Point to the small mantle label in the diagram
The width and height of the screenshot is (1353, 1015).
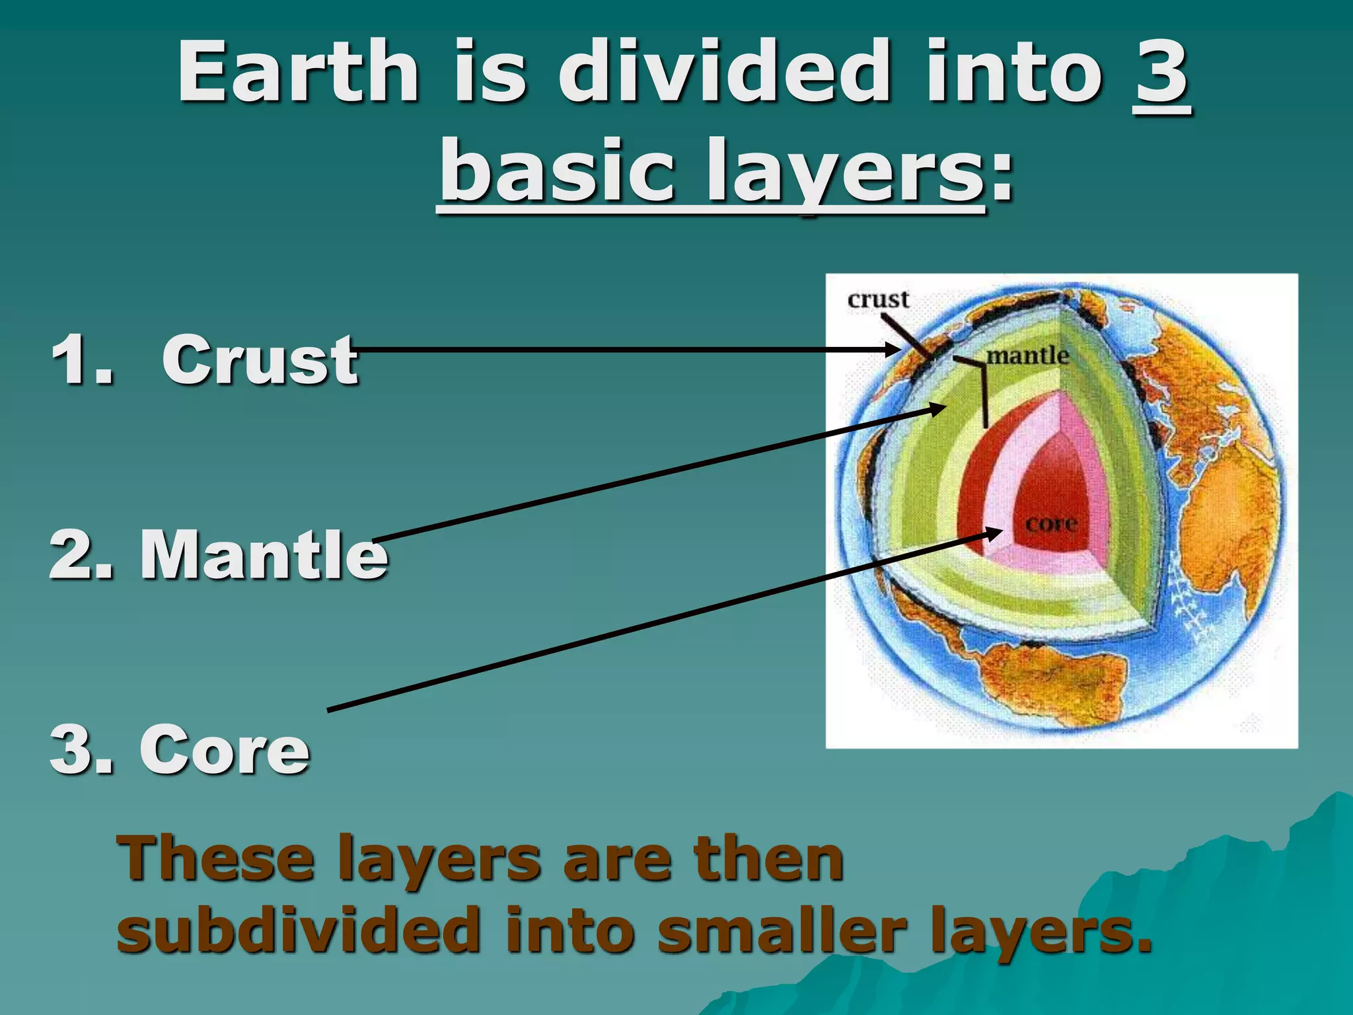(1027, 356)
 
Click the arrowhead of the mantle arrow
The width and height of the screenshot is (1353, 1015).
(939, 408)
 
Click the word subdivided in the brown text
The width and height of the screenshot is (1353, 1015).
(297, 928)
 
